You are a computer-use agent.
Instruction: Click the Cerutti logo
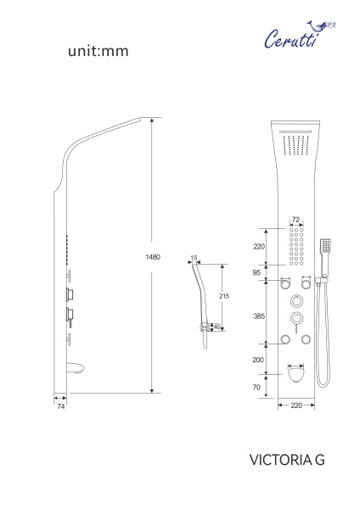(x=300, y=35)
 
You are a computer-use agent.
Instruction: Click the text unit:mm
(x=98, y=51)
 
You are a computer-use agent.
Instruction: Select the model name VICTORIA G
(x=287, y=460)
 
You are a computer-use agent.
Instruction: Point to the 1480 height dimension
(x=153, y=257)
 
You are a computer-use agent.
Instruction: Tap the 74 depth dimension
(x=61, y=406)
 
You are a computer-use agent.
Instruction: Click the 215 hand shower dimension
(x=224, y=296)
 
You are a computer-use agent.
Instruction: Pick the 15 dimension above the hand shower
(x=194, y=258)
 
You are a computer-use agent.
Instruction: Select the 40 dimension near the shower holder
(x=217, y=327)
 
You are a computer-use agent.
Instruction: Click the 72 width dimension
(x=295, y=220)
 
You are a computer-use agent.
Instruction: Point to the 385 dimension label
(x=259, y=316)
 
